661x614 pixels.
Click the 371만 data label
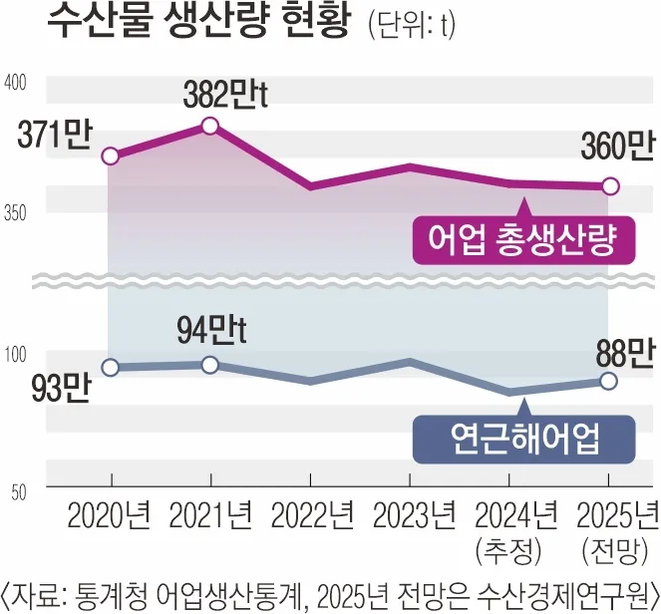coord(53,134)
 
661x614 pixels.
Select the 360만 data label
coord(617,148)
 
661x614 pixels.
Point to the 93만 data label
coord(56,389)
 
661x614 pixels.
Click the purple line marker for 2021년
coord(210,126)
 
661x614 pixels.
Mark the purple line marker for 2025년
coord(611,186)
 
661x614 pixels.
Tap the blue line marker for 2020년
coord(111,368)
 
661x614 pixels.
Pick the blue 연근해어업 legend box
coord(524,437)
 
